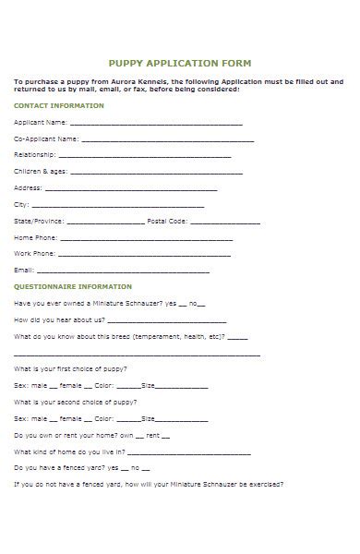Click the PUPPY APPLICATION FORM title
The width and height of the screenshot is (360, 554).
(x=179, y=64)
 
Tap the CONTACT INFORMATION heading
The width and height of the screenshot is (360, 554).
(x=58, y=105)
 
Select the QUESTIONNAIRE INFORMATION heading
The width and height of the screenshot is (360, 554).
(x=72, y=286)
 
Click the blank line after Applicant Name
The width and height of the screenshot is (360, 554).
(x=156, y=123)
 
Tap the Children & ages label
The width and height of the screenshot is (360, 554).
(x=41, y=172)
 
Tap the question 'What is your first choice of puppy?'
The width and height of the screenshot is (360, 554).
(x=76, y=368)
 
